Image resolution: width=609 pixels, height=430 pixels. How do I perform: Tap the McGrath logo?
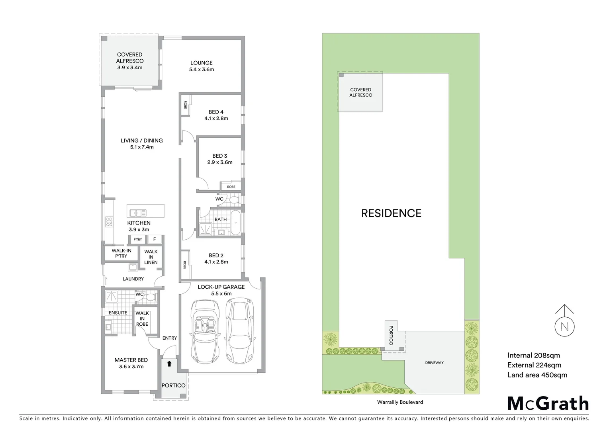[x=548, y=403]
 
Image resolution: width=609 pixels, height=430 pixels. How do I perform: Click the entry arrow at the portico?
[x=169, y=363]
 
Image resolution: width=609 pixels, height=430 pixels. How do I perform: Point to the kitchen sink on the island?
[x=138, y=213]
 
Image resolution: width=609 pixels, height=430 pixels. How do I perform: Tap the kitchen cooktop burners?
[x=109, y=222]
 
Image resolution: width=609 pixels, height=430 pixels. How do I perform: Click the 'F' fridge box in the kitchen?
[x=155, y=239]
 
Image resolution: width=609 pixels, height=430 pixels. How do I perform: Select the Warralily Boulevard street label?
[x=400, y=402]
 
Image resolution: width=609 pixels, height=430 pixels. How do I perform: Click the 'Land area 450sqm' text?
[x=537, y=375]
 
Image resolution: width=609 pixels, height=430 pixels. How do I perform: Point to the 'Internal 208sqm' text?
[x=533, y=355]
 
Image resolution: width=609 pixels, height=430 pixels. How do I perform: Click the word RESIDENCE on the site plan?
[x=391, y=213]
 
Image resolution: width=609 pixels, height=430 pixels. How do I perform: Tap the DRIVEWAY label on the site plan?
[x=434, y=363]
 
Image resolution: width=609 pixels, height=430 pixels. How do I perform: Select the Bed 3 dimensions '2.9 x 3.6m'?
[x=220, y=162]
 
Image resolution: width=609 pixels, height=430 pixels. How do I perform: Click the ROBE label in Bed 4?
[x=185, y=105]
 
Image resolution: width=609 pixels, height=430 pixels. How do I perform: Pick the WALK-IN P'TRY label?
[x=121, y=253]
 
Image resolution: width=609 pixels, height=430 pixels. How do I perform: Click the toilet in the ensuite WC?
[x=151, y=297]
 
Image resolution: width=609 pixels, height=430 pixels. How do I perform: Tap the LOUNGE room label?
[x=201, y=63]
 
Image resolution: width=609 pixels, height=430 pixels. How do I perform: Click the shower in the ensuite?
[x=112, y=296]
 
